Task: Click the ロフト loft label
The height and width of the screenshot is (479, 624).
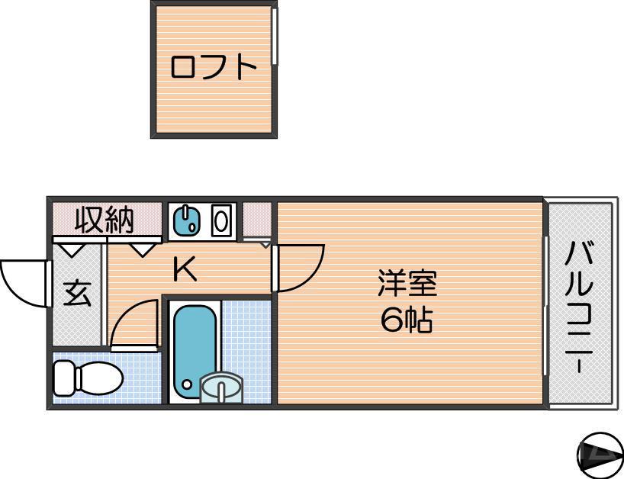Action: [x=213, y=67]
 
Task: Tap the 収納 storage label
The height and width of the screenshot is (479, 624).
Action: [x=105, y=220]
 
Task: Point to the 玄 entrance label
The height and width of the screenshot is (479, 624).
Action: [x=76, y=293]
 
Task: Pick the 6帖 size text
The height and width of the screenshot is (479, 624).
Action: [x=407, y=321]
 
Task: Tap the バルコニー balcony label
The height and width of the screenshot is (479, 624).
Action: [x=580, y=305]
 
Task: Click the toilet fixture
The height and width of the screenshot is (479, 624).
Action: [x=88, y=378]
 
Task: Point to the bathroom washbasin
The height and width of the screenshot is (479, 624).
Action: [x=221, y=388]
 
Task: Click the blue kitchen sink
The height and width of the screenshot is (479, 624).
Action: [x=187, y=220]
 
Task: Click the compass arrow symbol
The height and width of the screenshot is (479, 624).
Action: [x=599, y=455]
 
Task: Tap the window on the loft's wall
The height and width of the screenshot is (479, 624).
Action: [x=275, y=38]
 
